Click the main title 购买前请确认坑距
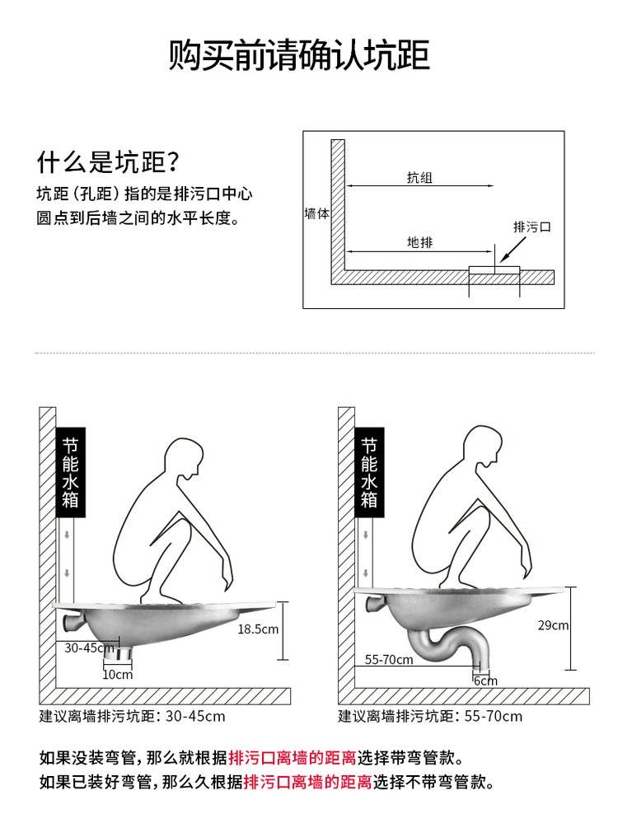[299, 54]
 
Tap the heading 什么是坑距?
[108, 161]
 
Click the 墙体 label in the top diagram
[316, 213]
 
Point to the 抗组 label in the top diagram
[419, 177]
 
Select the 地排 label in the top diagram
[419, 242]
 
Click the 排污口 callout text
[531, 227]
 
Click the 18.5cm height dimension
[258, 629]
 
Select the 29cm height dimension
[553, 625]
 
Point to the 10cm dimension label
[117, 675]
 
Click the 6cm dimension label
[485, 680]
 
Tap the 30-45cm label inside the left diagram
[89, 648]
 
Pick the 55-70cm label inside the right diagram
[389, 659]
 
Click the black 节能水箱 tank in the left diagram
[70, 472]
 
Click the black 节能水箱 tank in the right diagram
[369, 472]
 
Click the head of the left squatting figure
[184, 458]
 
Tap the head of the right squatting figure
[483, 447]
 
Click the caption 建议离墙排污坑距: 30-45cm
[133, 716]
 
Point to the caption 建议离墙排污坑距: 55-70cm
[431, 716]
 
